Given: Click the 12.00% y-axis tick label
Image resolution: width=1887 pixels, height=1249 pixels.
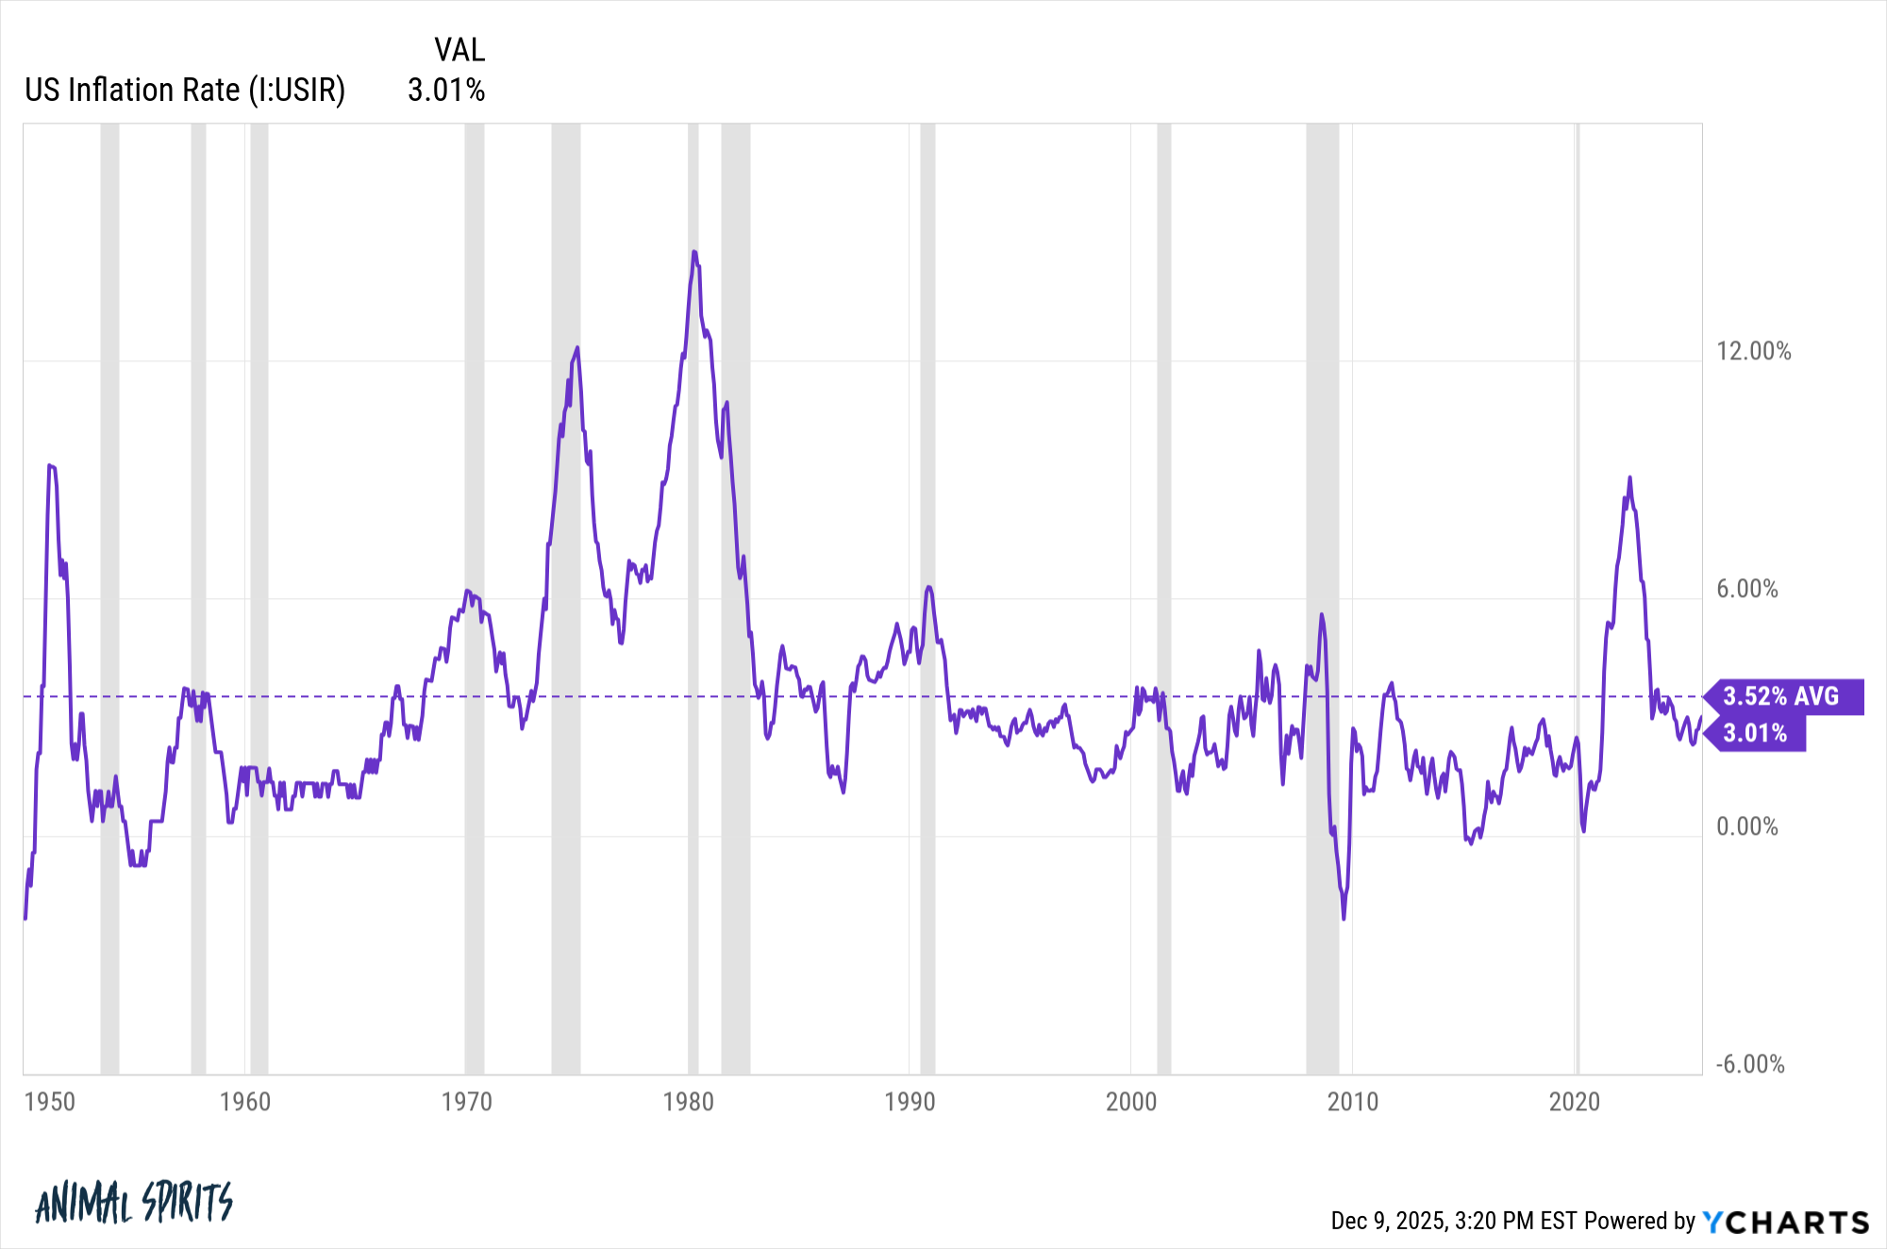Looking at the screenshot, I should coord(1753,352).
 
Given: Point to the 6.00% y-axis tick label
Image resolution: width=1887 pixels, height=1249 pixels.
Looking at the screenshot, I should coord(1746,590).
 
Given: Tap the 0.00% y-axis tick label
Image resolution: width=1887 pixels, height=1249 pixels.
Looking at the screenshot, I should coord(1746,827).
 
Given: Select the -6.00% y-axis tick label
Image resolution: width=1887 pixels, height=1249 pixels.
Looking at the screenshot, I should coord(1749,1065).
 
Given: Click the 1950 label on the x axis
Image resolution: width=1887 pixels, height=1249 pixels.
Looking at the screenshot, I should coord(49,1102).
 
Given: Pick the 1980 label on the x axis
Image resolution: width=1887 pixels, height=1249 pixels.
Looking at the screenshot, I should coord(688,1102).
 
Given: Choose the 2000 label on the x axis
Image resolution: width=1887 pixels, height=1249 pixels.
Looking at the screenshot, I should coord(1130,1102).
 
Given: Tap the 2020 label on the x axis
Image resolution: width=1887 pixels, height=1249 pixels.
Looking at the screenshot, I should coord(1574,1102).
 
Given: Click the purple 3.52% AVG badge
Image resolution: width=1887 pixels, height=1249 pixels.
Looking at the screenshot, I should coord(1781,696).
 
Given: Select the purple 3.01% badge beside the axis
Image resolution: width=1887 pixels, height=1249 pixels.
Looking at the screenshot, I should coord(1755,733).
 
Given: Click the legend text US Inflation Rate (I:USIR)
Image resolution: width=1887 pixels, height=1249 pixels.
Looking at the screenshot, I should coord(185,91).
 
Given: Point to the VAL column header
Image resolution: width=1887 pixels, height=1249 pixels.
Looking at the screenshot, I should coord(459,50).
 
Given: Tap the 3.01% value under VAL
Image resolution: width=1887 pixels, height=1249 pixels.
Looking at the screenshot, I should coord(446,91).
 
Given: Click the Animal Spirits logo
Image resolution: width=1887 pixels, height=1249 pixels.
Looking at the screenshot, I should coord(133,1203).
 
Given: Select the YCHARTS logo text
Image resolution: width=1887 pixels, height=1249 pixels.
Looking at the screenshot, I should coord(1785,1222).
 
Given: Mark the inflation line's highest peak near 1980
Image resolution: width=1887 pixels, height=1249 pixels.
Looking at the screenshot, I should coord(693,252).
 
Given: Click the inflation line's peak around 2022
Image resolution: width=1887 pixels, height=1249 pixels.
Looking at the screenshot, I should coord(1629,478).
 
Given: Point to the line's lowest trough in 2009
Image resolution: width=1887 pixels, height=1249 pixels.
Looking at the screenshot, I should coord(1344,918).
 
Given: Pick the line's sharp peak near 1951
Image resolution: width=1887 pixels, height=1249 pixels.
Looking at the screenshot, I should coord(50,465).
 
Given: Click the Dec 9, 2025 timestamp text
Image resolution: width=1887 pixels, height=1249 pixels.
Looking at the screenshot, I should coord(1453,1222).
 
